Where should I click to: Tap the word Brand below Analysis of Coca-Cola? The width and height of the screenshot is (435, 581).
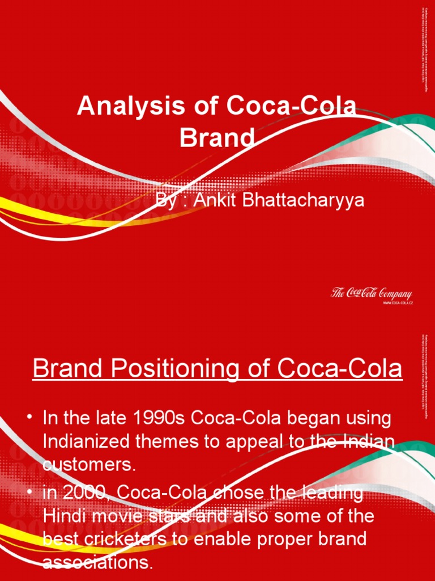pyautogui.click(x=217, y=137)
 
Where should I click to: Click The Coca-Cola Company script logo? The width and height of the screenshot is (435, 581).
pyautogui.click(x=371, y=294)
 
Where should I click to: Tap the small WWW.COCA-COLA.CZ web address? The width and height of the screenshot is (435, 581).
pyautogui.click(x=397, y=304)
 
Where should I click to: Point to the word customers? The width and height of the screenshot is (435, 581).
pyautogui.click(x=89, y=464)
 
